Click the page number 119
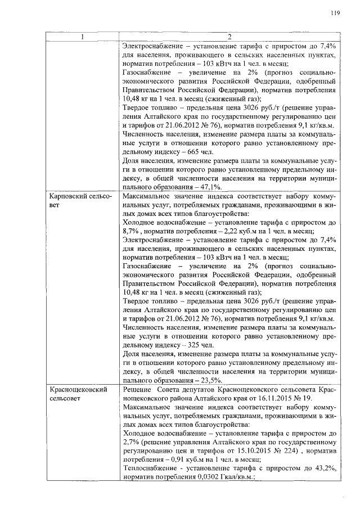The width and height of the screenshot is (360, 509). click(335, 12)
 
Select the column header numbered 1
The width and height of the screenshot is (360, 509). click(82, 38)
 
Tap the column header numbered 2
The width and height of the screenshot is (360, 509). click(229, 38)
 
